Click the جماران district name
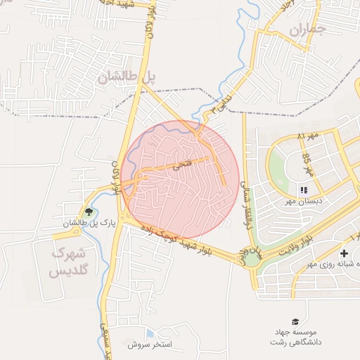point(308,30)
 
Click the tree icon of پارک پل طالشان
point(89,212)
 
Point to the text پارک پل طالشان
point(89,224)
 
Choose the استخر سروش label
point(150,345)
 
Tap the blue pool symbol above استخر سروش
point(150,333)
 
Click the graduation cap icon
point(295,321)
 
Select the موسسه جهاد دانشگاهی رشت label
point(295,336)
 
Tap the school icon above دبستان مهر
point(303,190)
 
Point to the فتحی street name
point(181,166)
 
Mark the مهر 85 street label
point(307,163)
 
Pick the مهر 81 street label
point(309,134)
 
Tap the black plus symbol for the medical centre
point(344,253)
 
